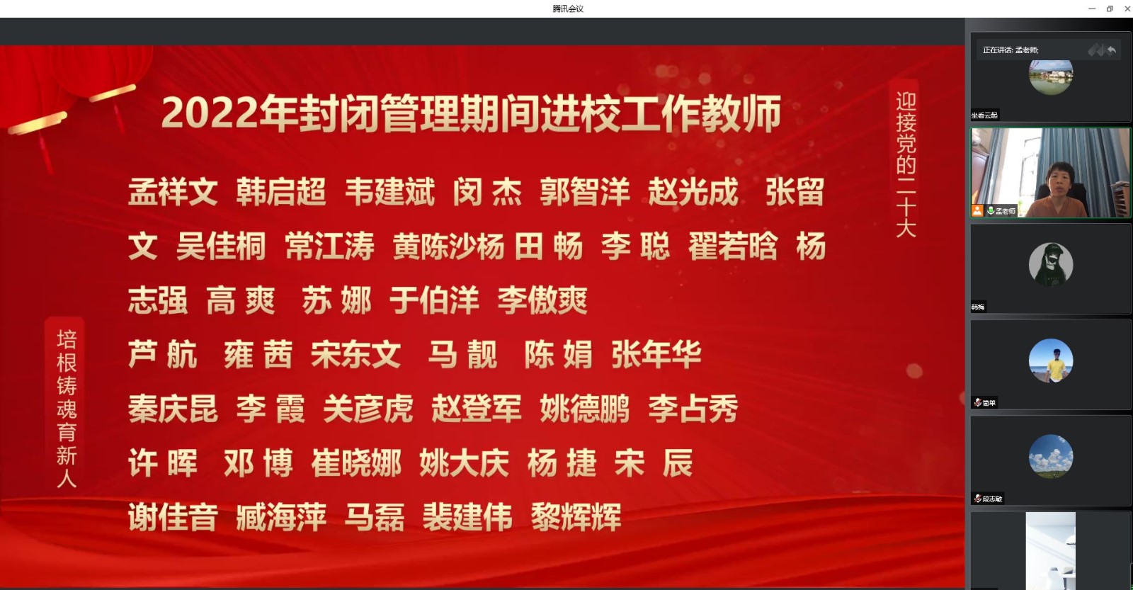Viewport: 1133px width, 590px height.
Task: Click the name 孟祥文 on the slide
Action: click(x=173, y=192)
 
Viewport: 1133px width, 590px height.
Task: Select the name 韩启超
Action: click(x=281, y=192)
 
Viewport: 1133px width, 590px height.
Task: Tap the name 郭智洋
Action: click(x=585, y=192)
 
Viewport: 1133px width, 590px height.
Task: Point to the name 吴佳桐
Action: click(x=221, y=246)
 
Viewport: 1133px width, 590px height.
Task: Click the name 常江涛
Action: click(x=329, y=246)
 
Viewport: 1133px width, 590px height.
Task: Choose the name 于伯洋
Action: click(x=435, y=300)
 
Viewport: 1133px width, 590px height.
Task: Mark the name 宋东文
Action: click(x=356, y=355)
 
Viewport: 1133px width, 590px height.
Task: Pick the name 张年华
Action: click(x=656, y=355)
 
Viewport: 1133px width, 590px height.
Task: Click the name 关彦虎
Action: click(x=368, y=409)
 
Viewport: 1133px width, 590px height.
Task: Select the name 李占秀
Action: click(x=693, y=409)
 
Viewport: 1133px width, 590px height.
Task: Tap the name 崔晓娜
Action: click(x=356, y=463)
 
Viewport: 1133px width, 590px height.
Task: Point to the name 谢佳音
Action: click(x=173, y=517)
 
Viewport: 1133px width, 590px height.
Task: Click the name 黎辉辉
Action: click(x=576, y=517)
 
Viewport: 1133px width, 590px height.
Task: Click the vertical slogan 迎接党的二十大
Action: click(x=906, y=164)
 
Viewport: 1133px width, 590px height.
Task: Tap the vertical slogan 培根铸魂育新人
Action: click(x=67, y=409)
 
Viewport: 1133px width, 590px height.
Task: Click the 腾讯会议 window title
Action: click(x=568, y=8)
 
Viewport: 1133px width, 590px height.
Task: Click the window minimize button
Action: click(x=1092, y=8)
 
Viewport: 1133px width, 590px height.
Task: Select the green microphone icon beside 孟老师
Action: click(x=991, y=210)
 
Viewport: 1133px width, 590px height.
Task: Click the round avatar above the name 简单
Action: click(x=1051, y=361)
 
